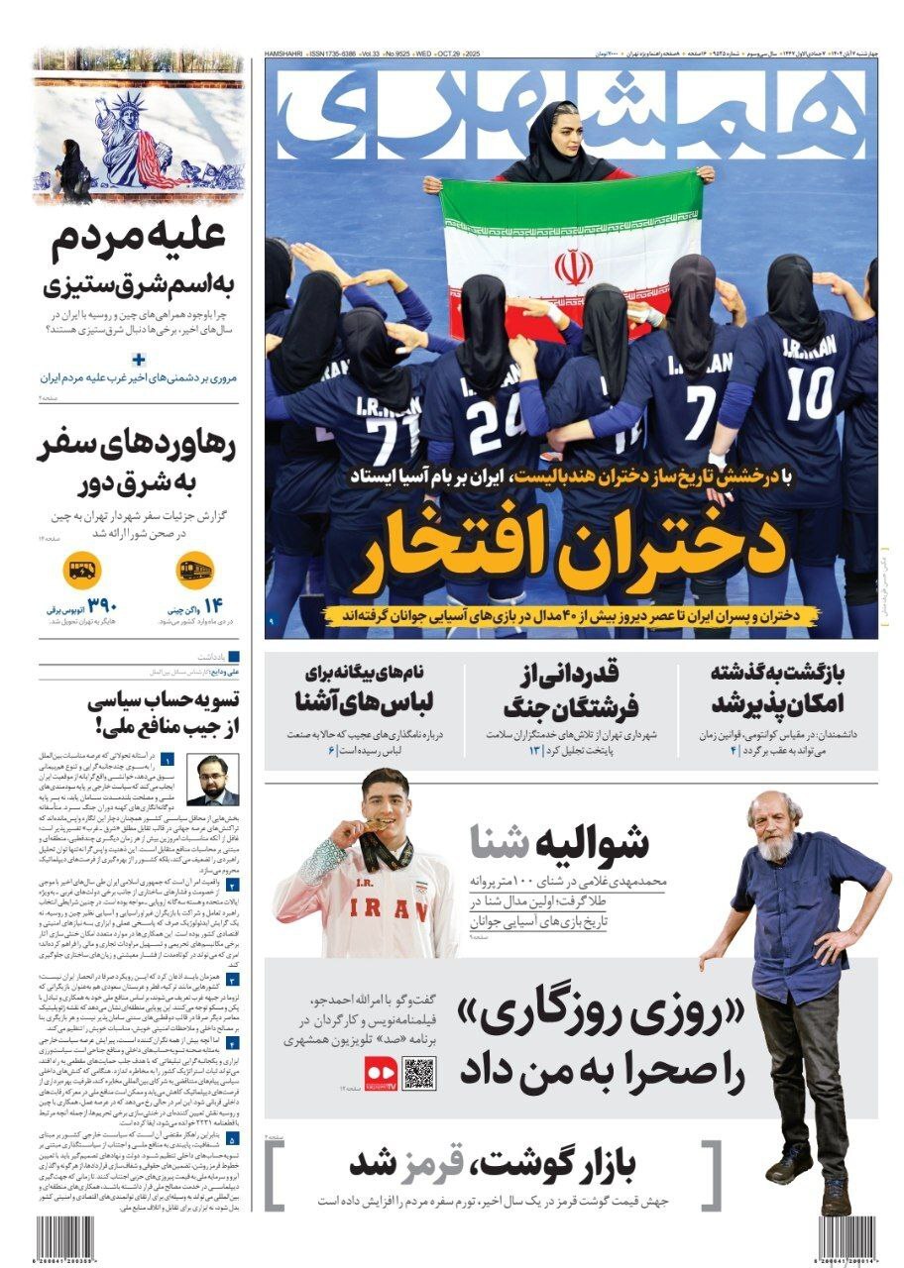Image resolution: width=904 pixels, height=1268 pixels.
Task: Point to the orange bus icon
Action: click(x=81, y=571)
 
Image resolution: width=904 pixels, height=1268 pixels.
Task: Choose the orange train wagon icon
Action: click(x=193, y=571)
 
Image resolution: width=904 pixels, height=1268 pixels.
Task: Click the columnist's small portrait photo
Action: click(x=214, y=780)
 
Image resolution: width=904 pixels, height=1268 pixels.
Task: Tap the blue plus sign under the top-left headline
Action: click(x=139, y=360)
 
